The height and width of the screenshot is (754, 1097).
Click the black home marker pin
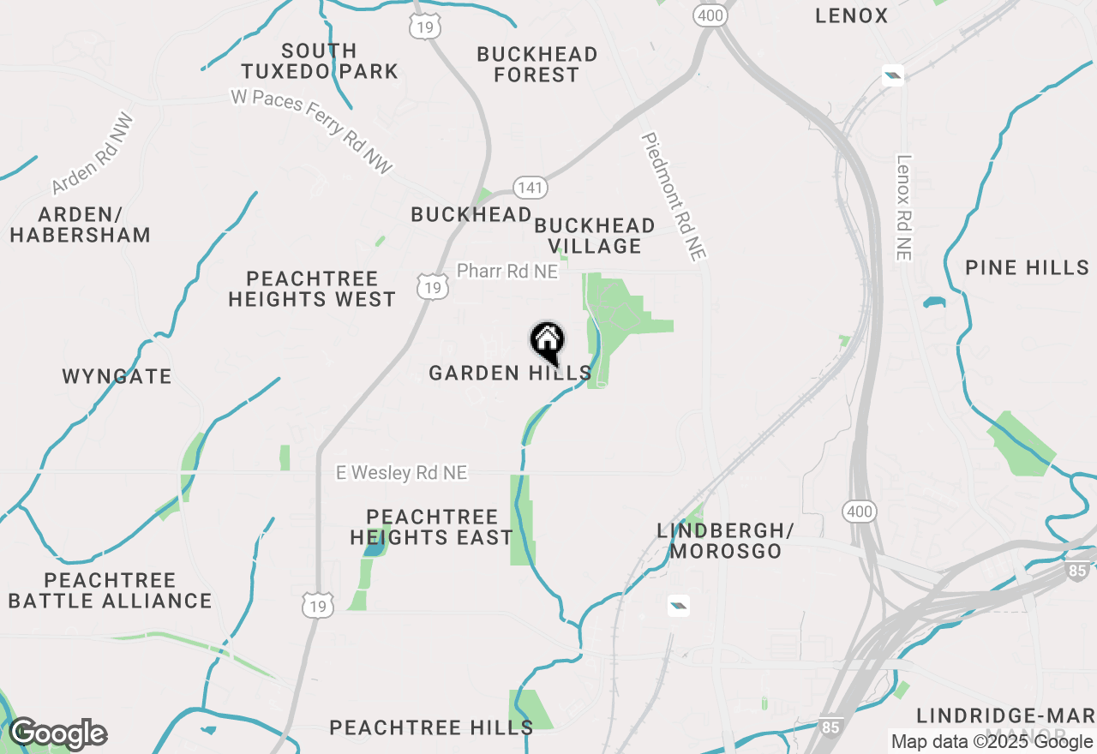(x=547, y=342)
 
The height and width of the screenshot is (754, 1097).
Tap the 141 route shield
(x=531, y=188)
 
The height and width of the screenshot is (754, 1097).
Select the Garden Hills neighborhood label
(x=510, y=373)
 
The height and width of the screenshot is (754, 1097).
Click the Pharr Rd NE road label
(x=507, y=271)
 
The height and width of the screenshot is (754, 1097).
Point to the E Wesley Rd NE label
(x=401, y=473)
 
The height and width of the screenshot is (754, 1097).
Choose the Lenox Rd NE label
(x=903, y=207)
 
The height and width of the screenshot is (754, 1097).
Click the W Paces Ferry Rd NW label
(x=312, y=131)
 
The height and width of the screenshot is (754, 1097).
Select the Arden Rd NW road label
(x=93, y=154)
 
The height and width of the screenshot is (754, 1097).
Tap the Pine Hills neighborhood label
(x=1027, y=267)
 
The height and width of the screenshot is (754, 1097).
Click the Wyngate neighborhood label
(x=117, y=376)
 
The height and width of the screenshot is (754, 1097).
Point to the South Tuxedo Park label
(x=319, y=61)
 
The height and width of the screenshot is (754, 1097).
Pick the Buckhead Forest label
(x=537, y=64)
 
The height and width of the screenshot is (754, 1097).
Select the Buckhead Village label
(x=595, y=236)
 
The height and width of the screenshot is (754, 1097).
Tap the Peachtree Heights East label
(x=431, y=527)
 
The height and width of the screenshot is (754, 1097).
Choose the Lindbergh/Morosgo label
(x=726, y=541)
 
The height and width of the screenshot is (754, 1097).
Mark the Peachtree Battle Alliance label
(x=111, y=590)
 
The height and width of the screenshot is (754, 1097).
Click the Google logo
(x=57, y=733)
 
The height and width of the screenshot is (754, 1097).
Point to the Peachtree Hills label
(x=431, y=727)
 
